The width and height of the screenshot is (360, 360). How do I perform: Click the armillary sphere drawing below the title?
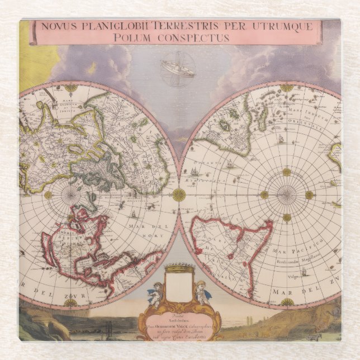point(178,68)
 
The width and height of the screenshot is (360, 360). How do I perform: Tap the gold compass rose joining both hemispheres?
point(179,195)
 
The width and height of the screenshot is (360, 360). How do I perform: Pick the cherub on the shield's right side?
point(201,292)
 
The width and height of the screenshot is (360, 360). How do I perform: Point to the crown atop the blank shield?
point(179,269)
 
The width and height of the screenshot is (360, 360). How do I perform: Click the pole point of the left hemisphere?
point(70,195)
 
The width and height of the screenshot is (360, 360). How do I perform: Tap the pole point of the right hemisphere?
point(287,195)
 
